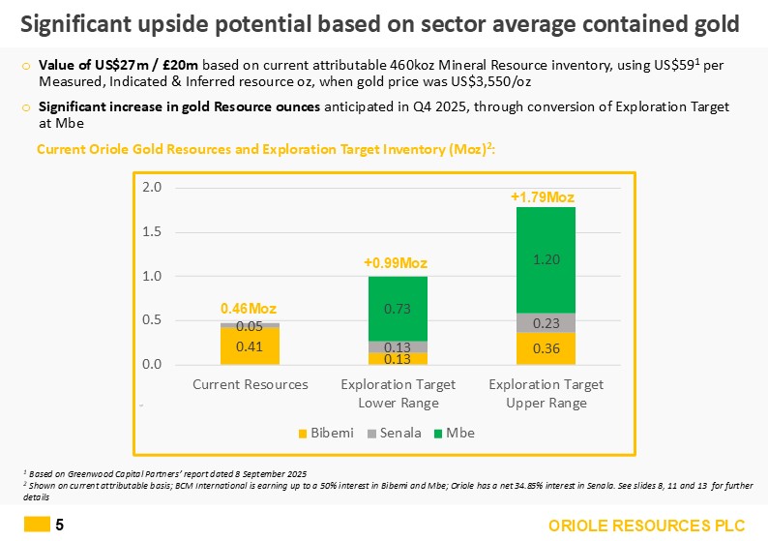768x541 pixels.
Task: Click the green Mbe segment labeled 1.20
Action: coord(546,259)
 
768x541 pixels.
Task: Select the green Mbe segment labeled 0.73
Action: coord(398,309)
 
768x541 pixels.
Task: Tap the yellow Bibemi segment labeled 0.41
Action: coord(250,346)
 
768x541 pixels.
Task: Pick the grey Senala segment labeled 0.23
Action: coord(546,322)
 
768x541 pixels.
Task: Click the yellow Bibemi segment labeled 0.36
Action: coord(546,348)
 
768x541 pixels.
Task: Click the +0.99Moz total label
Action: coord(396,263)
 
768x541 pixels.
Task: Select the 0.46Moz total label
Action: coord(249,308)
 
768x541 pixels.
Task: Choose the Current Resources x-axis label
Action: coord(251,384)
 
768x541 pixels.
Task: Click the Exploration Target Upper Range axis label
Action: coord(546,393)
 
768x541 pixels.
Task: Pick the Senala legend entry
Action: coord(395,433)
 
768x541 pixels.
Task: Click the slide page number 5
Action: coord(60,525)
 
